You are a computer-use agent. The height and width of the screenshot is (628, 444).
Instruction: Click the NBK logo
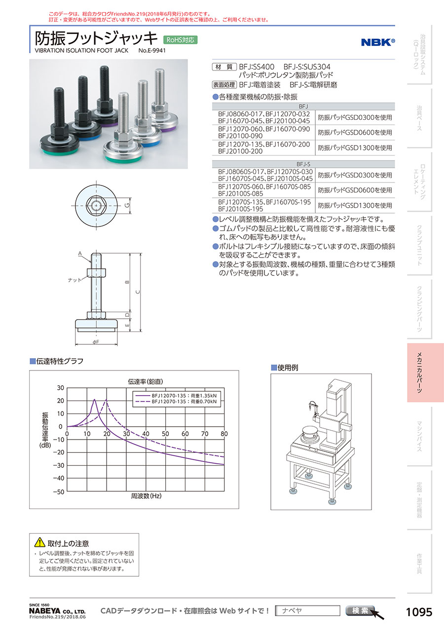tap(378, 42)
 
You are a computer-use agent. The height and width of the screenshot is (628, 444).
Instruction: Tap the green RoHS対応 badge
tap(180, 40)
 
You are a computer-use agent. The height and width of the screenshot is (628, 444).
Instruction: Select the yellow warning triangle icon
tap(39, 542)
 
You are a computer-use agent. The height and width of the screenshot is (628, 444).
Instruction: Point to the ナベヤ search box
tap(308, 611)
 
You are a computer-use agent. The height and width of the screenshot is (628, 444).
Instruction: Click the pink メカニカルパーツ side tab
tap(425, 372)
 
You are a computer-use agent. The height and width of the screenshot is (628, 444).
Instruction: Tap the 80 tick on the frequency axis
tap(224, 434)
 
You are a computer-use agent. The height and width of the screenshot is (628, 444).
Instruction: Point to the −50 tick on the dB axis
tap(58, 492)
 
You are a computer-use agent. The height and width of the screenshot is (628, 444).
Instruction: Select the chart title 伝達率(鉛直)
tap(146, 381)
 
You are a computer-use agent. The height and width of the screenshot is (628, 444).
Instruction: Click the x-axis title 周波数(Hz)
tap(146, 496)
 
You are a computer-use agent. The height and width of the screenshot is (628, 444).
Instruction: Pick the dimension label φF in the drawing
tap(96, 342)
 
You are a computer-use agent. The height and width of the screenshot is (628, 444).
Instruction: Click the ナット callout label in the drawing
tap(74, 280)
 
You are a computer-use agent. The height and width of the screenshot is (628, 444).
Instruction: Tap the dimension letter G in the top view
tap(127, 206)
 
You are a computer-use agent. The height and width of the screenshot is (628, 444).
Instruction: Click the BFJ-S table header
tap(303, 164)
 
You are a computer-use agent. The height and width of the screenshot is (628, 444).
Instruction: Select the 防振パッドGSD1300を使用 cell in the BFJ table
tap(355, 148)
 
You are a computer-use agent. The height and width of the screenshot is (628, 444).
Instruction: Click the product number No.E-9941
tap(152, 50)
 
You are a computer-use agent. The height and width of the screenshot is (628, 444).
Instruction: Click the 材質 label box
tap(224, 67)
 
